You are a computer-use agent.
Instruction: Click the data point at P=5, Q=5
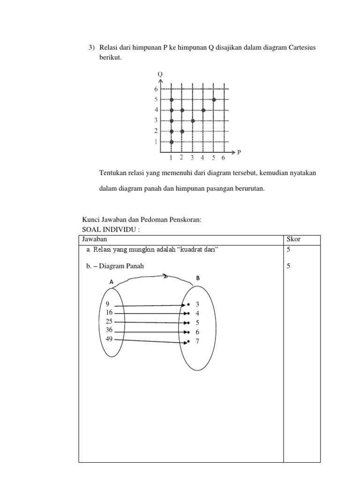214,99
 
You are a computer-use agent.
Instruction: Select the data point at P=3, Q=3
193,121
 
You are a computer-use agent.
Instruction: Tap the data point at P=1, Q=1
172,142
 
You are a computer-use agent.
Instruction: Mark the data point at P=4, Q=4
203,110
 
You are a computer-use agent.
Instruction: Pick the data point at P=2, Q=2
182,131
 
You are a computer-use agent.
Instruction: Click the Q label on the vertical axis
160,74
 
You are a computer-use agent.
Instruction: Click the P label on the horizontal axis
239,152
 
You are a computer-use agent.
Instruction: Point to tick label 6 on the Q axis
156,89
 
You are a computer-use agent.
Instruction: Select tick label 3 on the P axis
192,158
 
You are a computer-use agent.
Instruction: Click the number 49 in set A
109,339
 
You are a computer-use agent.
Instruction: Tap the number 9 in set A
108,304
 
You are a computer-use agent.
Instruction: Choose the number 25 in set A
109,321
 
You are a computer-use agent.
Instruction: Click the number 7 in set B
197,341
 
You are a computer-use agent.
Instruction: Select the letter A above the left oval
112,282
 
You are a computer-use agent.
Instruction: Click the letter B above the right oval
198,278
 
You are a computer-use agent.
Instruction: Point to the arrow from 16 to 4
150,313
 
